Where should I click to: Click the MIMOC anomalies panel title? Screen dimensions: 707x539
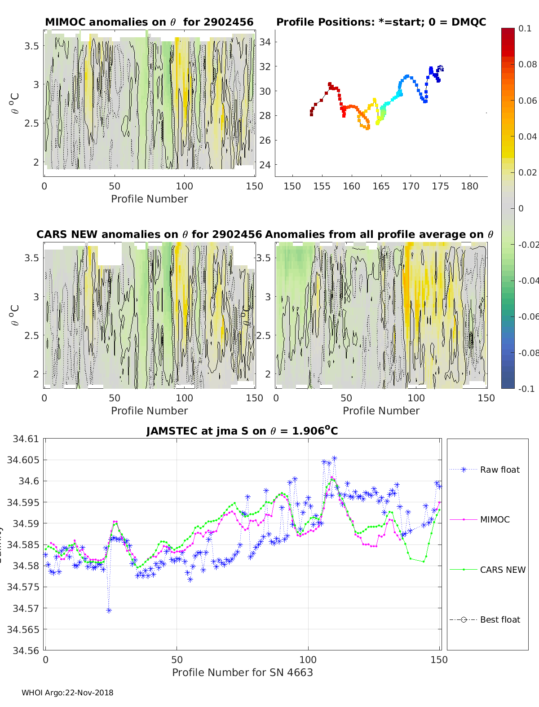149,22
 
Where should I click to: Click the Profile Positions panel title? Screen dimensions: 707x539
381,22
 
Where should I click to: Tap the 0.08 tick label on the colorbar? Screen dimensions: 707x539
528,64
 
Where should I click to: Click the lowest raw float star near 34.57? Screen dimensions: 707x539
109,610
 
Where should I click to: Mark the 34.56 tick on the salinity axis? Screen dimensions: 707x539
25,650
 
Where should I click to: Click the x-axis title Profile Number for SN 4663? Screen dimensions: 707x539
242,672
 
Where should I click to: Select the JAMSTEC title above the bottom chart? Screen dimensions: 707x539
242,431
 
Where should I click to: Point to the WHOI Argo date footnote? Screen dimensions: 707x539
67,693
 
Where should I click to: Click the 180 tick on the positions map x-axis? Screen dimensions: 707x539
470,186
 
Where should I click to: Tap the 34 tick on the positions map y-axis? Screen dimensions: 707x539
265,42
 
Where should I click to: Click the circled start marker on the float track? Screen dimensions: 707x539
441,68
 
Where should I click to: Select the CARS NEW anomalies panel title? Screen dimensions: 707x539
149,234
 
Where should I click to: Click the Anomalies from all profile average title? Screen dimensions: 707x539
379,234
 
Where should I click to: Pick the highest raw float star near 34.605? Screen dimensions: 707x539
334,458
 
